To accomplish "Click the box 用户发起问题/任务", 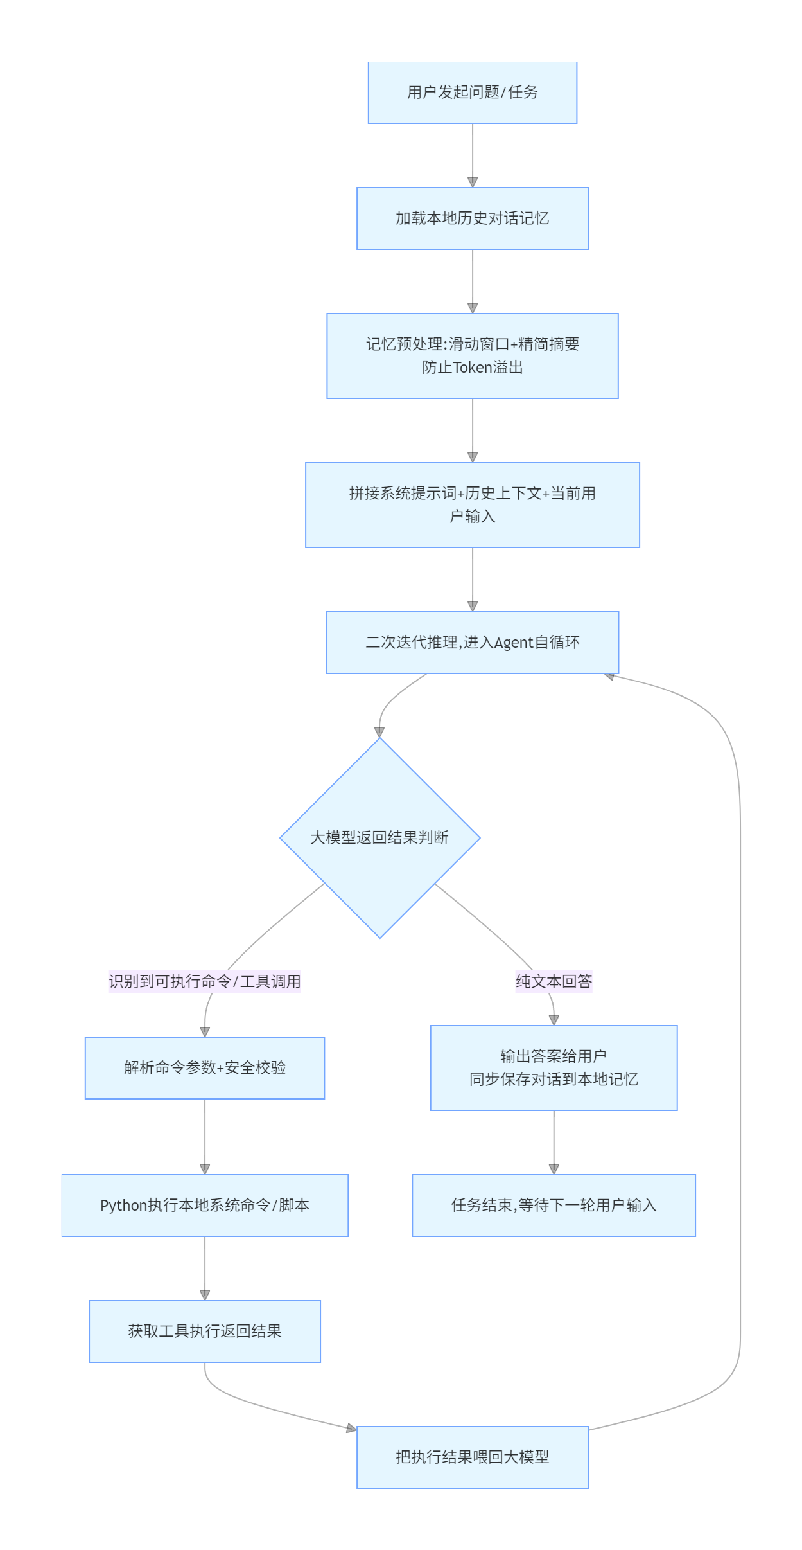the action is [x=473, y=93].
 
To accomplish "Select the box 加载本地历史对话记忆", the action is [x=473, y=218].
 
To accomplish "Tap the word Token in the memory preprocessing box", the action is [x=473, y=368].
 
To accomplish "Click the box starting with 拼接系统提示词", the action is [x=473, y=505].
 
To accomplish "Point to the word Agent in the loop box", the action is [x=514, y=643].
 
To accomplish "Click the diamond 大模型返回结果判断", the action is [x=380, y=838].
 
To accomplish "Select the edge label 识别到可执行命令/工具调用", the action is [x=205, y=981].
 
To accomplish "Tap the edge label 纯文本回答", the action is [x=554, y=981].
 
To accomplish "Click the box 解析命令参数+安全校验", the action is [x=205, y=1068].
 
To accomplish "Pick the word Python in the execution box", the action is [x=124, y=1206].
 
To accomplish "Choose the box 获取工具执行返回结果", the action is [x=205, y=1332].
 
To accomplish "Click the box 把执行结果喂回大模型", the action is [x=473, y=1457].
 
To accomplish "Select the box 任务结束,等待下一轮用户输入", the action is [x=554, y=1206].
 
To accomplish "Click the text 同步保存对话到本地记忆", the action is [x=554, y=1080].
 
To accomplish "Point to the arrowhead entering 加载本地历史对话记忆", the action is [x=473, y=183].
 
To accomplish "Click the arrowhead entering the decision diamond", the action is [x=379, y=733].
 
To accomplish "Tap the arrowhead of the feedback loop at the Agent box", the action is [x=609, y=676].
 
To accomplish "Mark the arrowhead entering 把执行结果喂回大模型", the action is [x=352, y=1429].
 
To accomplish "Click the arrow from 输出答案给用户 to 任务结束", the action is [x=554, y=1143].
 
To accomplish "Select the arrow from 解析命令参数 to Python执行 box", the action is [x=205, y=1137].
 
